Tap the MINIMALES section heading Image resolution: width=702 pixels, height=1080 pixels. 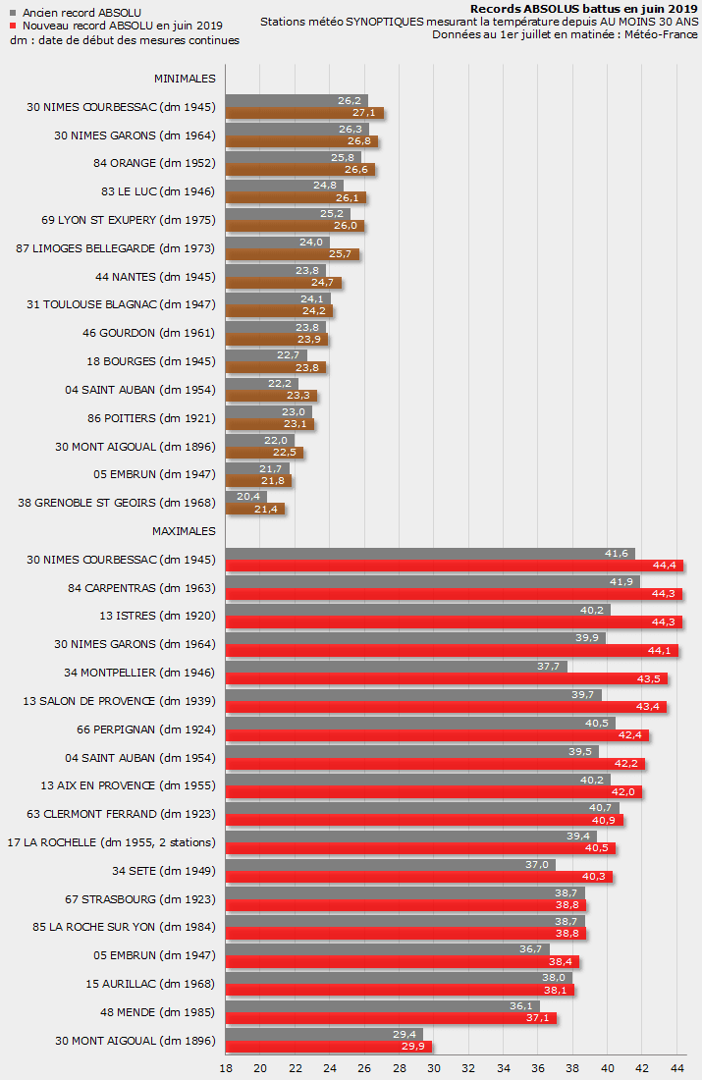click(185, 78)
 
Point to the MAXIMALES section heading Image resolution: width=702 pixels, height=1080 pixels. click(184, 531)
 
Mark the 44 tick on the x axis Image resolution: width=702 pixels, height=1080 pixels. click(677, 1068)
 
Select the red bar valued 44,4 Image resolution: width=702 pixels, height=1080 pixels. click(455, 566)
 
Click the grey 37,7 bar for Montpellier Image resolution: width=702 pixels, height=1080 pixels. click(396, 667)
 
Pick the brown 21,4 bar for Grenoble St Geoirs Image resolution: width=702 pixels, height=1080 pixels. click(255, 510)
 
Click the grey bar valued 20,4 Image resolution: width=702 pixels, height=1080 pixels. click(245, 497)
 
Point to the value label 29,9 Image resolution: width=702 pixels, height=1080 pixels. click(411, 1047)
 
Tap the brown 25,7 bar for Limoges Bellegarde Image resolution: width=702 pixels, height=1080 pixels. click(293, 254)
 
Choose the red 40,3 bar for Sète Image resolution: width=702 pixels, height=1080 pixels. click(419, 877)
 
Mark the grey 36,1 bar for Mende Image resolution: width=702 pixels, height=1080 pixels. click(382, 1006)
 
